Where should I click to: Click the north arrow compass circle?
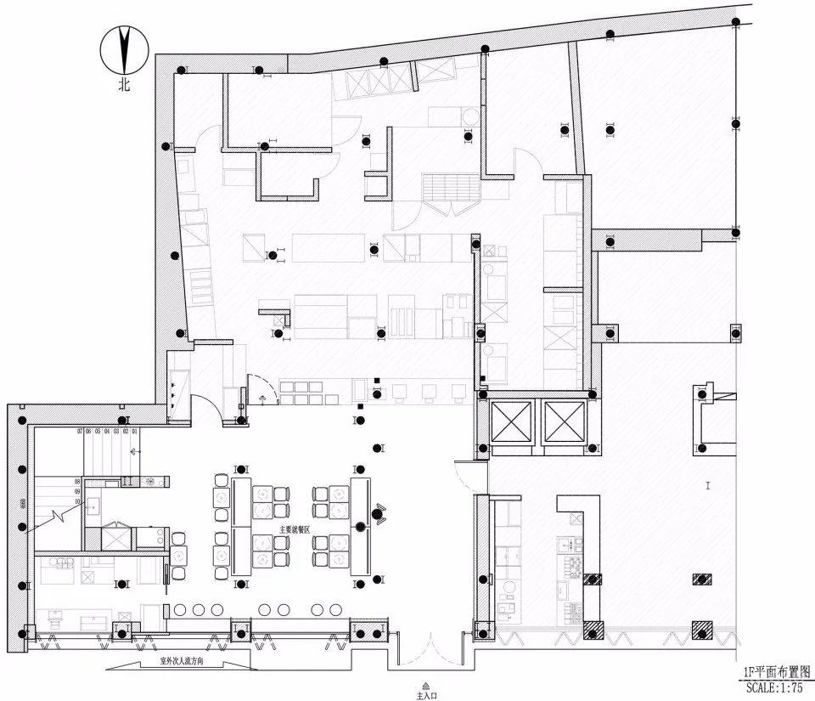click(125, 50)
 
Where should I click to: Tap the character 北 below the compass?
click(125, 85)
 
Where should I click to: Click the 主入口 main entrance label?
click(425, 695)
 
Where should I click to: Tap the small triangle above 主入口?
click(425, 685)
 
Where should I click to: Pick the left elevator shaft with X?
click(513, 420)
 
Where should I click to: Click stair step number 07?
click(79, 432)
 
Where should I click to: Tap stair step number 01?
click(134, 432)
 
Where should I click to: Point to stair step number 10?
click(77, 501)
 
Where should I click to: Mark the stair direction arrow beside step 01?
click(134, 450)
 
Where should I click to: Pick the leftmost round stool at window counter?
click(179, 609)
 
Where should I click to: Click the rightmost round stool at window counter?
click(321, 609)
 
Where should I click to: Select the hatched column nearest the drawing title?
click(702, 630)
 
